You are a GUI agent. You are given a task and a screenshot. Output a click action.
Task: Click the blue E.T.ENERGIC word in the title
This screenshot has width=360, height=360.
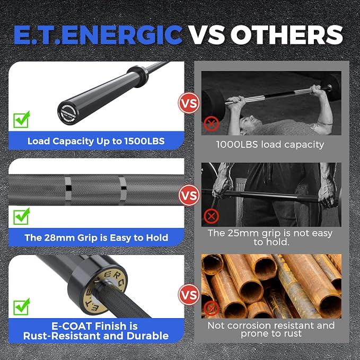[98, 34]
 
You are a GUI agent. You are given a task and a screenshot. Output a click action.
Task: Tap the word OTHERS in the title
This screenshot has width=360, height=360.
[287, 34]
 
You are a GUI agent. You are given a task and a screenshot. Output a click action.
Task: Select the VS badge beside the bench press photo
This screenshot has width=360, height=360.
[189, 103]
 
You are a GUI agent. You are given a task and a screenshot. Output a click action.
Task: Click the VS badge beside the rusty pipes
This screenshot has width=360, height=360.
[189, 295]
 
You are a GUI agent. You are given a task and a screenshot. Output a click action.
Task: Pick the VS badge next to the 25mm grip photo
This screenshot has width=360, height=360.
[189, 196]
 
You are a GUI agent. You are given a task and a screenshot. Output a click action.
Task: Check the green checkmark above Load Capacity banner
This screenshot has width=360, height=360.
[22, 119]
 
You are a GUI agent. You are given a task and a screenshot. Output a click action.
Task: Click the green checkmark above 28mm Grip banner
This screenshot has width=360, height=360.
[22, 216]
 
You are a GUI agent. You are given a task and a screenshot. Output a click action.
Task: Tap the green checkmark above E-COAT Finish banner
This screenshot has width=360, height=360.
[22, 307]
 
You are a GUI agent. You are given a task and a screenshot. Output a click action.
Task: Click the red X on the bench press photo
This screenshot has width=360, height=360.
[211, 124]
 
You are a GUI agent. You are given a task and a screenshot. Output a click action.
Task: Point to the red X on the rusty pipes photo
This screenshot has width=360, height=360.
[211, 308]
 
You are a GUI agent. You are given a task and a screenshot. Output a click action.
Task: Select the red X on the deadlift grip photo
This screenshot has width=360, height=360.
[211, 216]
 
